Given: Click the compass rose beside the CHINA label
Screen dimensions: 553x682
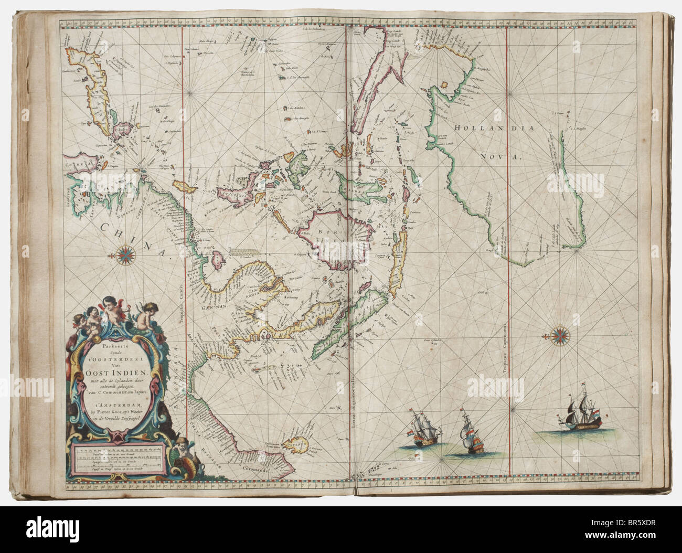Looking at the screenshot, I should [126, 255].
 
